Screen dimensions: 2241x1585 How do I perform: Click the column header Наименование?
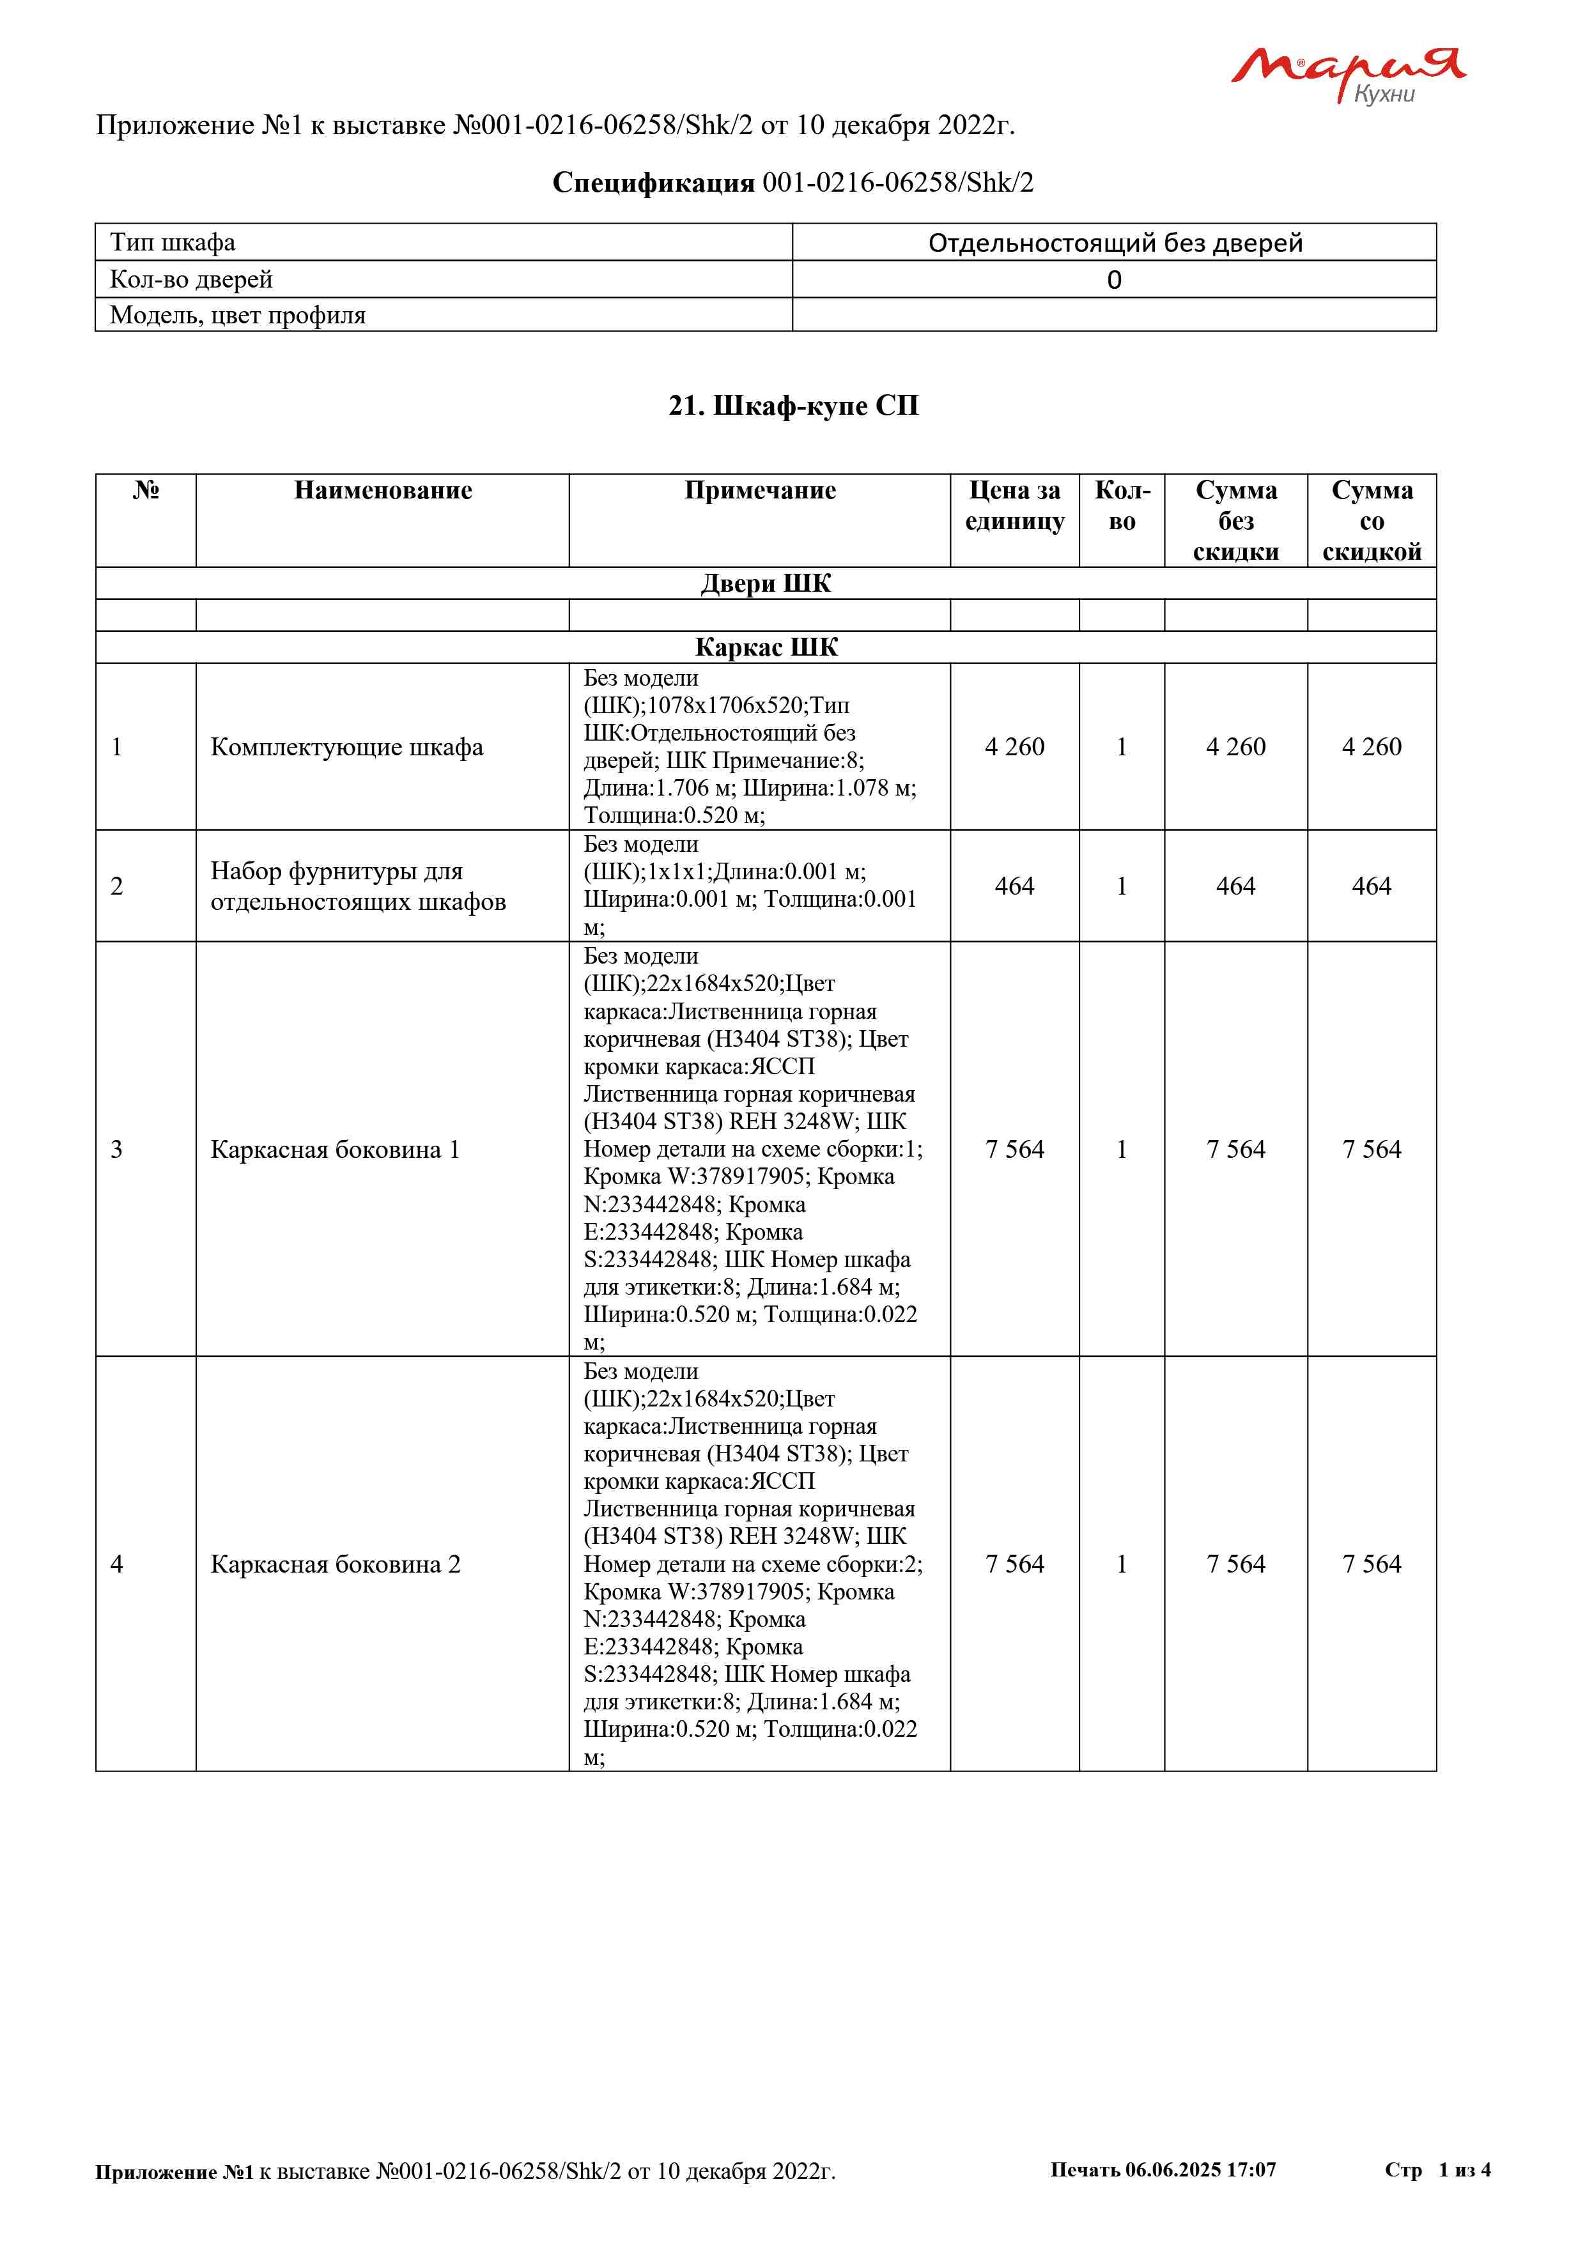pyautogui.click(x=383, y=490)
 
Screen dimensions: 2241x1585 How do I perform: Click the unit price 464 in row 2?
pyautogui.click(x=1014, y=886)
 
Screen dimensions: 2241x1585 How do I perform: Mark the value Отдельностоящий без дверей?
pyautogui.click(x=1115, y=242)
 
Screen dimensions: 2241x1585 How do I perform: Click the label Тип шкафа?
pyautogui.click(x=173, y=242)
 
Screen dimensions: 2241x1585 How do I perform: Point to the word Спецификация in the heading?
pyautogui.click(x=653, y=183)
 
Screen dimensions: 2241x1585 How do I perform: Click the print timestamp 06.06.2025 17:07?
pyautogui.click(x=1200, y=2169)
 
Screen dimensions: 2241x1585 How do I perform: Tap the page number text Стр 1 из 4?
pyautogui.click(x=1437, y=2169)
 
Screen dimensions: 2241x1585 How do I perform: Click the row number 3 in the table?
pyautogui.click(x=117, y=1149)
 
